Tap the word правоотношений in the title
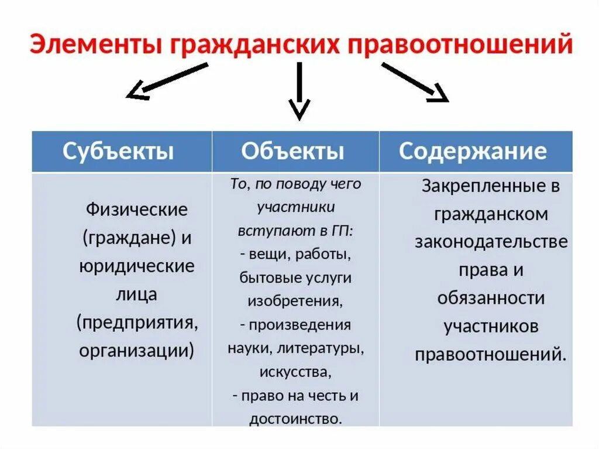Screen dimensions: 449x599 [460, 45]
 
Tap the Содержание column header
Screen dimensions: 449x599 [473, 152]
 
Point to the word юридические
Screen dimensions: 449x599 [137, 266]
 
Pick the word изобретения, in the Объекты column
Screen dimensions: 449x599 [295, 301]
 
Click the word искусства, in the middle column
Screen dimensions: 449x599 [295, 372]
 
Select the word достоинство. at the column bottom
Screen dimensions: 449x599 [295, 419]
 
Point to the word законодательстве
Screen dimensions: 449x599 [491, 242]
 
